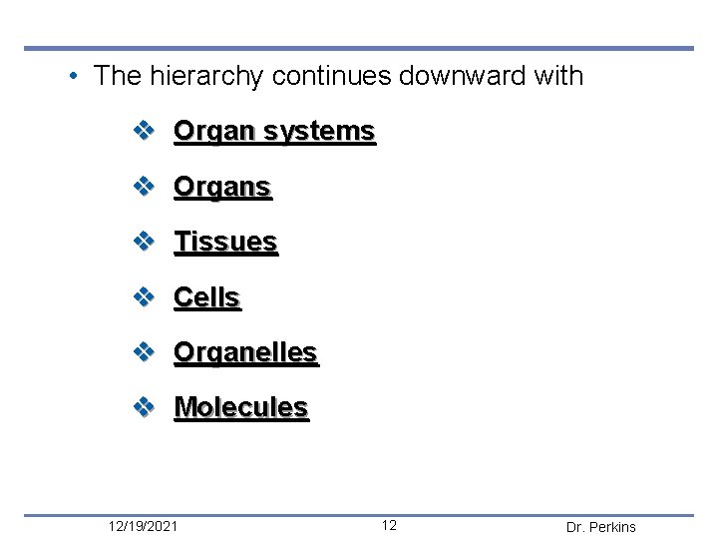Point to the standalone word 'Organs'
(x=222, y=187)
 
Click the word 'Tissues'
(x=225, y=242)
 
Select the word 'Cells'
(x=207, y=297)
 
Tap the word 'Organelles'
(x=245, y=352)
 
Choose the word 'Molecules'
(x=241, y=407)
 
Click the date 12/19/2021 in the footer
(x=144, y=526)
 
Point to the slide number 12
(x=389, y=526)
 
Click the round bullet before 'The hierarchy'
(x=74, y=77)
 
